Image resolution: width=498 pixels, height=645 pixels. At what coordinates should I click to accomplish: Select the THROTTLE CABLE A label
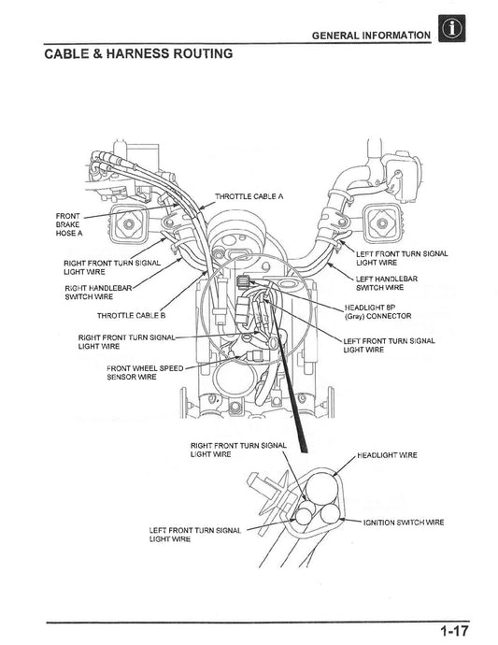click(249, 196)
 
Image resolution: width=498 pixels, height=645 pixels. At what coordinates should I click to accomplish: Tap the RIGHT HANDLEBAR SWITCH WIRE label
click(98, 292)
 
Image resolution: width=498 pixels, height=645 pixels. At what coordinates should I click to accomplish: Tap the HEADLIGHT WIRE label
click(387, 454)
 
